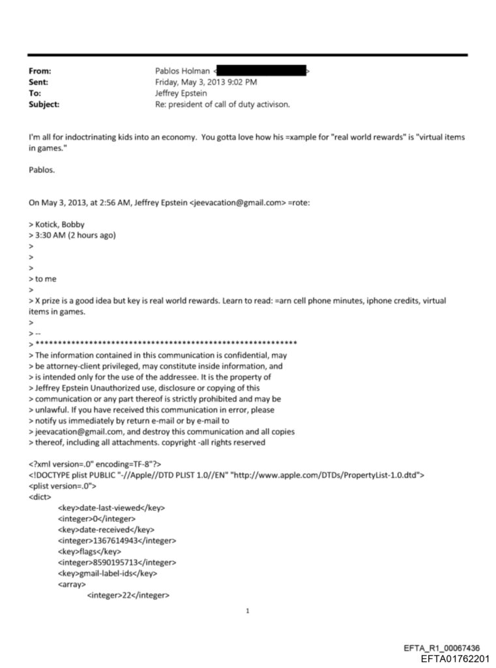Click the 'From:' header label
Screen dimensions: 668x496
[40, 70]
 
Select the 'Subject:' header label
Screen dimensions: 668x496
[44, 104]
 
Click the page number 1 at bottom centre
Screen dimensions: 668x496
[248, 611]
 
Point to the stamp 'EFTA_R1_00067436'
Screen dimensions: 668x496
[442, 648]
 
